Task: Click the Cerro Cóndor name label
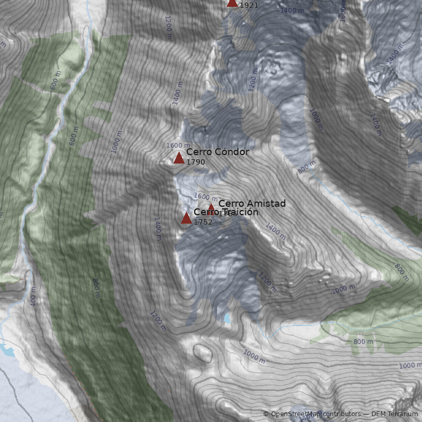217,152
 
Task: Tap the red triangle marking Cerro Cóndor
179,158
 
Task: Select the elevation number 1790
195,162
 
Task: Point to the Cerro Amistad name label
252,203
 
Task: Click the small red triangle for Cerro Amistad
211,208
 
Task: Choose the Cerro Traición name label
226,212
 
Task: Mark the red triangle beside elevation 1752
186,218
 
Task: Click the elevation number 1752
203,222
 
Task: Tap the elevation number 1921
248,5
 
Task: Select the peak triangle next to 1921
232,3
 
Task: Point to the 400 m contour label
33,298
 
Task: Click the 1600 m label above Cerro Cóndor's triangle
178,145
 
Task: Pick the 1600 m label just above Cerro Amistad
205,196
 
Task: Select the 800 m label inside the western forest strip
97,288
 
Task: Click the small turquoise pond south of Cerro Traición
227,318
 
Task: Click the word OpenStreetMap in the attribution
293,414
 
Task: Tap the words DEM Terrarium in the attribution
394,414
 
